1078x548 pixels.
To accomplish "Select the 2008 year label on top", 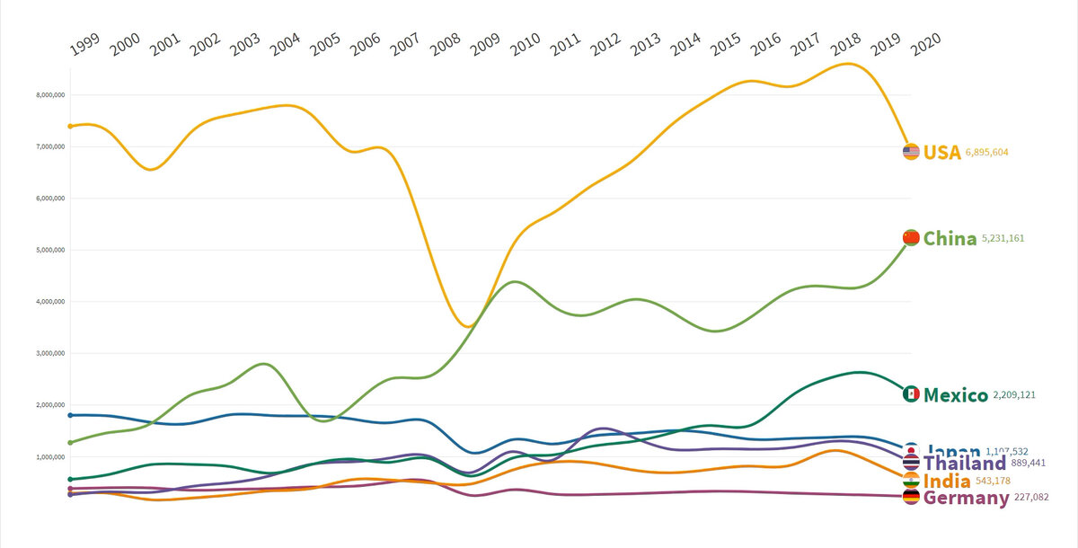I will click(x=446, y=45).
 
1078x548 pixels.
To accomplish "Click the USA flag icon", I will click(x=911, y=152).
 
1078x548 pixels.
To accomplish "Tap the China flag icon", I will click(x=911, y=237).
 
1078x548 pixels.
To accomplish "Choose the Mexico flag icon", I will click(x=911, y=393).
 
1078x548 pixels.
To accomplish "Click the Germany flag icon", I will click(x=911, y=497).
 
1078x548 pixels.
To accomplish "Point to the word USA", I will click(x=942, y=152).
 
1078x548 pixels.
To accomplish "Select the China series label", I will click(x=950, y=238).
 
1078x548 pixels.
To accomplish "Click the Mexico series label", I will click(x=956, y=394).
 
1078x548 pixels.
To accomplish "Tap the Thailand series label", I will click(x=965, y=464).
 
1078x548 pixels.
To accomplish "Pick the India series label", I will click(x=947, y=482).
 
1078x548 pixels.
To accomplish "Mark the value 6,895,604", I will click(x=994, y=153).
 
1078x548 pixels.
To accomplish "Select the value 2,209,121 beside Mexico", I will click(x=1021, y=395).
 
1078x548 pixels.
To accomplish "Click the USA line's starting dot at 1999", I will click(x=70, y=126).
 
